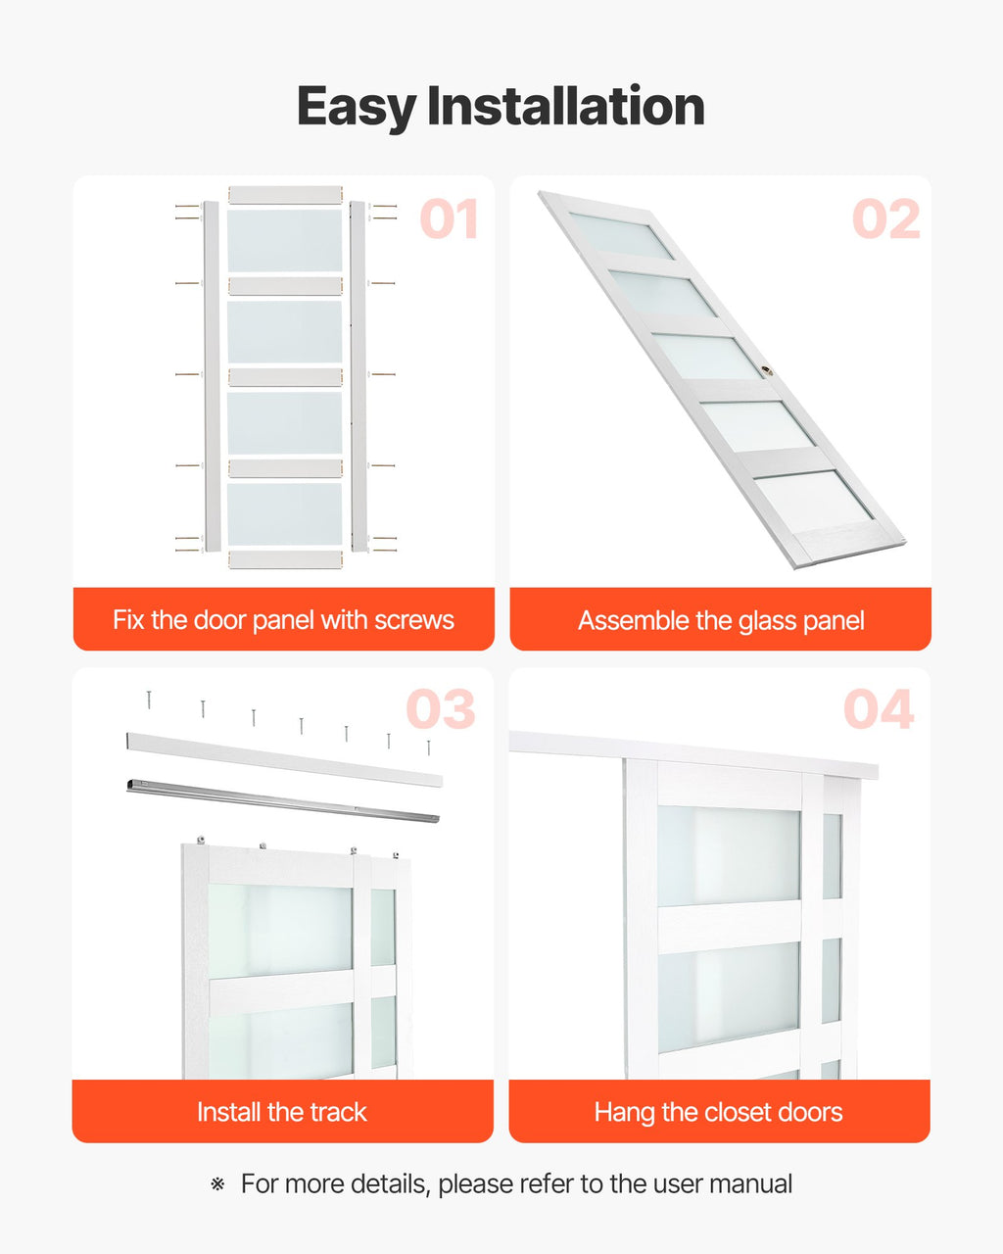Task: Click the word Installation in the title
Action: tap(566, 106)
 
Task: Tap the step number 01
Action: tap(450, 219)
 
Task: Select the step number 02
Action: tap(885, 219)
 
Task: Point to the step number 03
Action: tap(441, 709)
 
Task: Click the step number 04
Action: tap(879, 709)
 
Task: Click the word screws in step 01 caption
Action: tap(413, 620)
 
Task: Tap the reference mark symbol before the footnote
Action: tap(217, 1184)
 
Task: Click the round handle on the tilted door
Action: tap(767, 370)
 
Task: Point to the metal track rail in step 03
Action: tap(283, 800)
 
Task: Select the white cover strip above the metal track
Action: tap(284, 760)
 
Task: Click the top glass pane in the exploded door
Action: tap(284, 241)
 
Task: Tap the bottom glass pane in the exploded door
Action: tap(284, 514)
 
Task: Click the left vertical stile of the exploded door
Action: tap(213, 376)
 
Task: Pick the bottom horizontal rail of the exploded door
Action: tap(285, 560)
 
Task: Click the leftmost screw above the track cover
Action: tap(149, 699)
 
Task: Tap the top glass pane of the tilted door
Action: tap(621, 235)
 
